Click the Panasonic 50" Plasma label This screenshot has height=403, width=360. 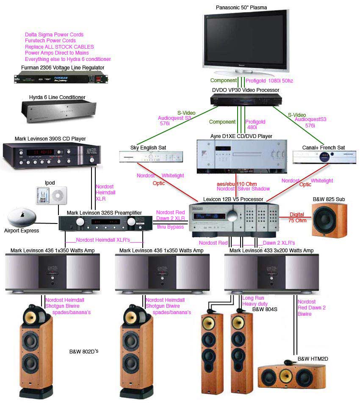pos(241,8)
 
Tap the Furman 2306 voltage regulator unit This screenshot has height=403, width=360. pos(61,77)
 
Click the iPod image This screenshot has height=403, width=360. pos(52,196)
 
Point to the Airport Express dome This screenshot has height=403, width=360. pos(22,218)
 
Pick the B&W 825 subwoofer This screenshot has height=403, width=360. pos(330,220)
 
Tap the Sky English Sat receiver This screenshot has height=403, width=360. pos(151,157)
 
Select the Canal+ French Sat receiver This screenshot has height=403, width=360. pos(324,157)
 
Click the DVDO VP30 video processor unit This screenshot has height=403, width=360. pos(246,99)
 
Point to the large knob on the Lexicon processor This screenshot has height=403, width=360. pos(232,215)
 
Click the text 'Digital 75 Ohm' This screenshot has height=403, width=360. pos(297,218)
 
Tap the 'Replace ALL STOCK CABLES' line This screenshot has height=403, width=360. pos(59,47)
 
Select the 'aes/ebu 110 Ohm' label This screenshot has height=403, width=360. pos(237,184)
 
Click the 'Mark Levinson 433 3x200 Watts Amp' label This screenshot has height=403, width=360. pos(271,250)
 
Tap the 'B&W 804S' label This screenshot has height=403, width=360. pos(265,309)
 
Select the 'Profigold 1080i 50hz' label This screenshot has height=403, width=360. pos(269,81)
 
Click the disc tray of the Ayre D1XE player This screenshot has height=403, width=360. pos(247,155)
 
